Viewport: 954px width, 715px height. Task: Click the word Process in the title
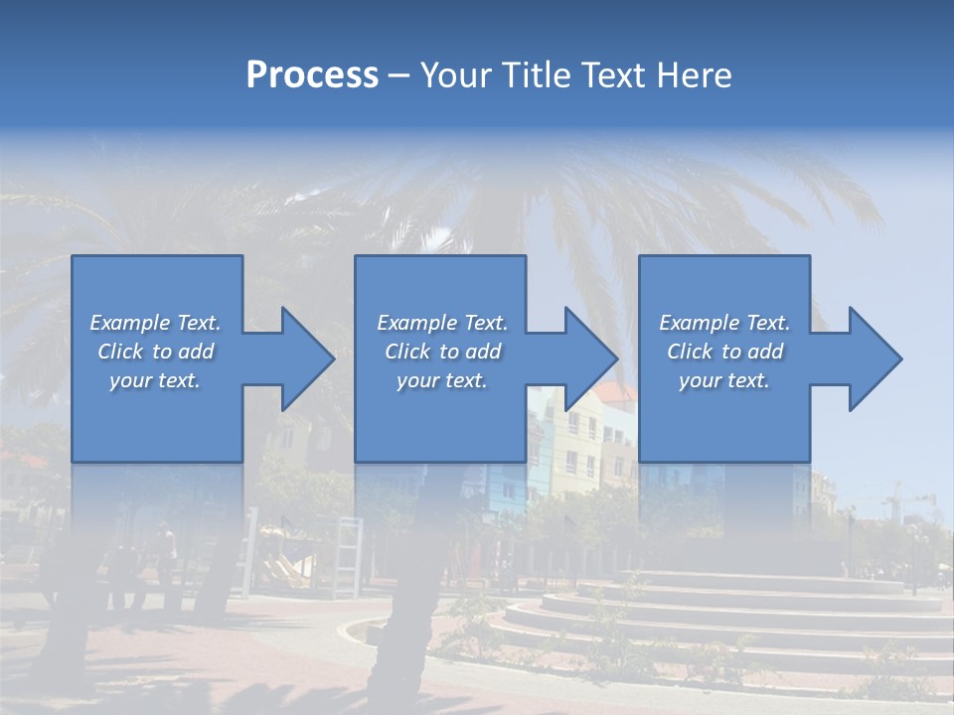pos(312,75)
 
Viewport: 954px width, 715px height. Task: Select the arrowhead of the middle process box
pos(586,358)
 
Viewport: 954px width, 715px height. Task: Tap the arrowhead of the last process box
pos(871,358)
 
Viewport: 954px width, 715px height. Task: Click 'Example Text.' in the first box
pos(155,323)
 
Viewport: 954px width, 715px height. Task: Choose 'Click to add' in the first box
pos(155,352)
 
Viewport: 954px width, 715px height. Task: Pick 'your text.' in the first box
pos(155,380)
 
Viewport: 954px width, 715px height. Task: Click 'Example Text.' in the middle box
pos(442,323)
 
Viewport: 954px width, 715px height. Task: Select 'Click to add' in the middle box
pos(442,352)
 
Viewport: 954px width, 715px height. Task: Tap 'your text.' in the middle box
pos(442,380)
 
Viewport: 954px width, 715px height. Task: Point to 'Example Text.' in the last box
pos(724,323)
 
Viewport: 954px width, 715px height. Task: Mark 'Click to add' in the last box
pos(724,352)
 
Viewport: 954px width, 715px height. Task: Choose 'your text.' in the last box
pos(724,380)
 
